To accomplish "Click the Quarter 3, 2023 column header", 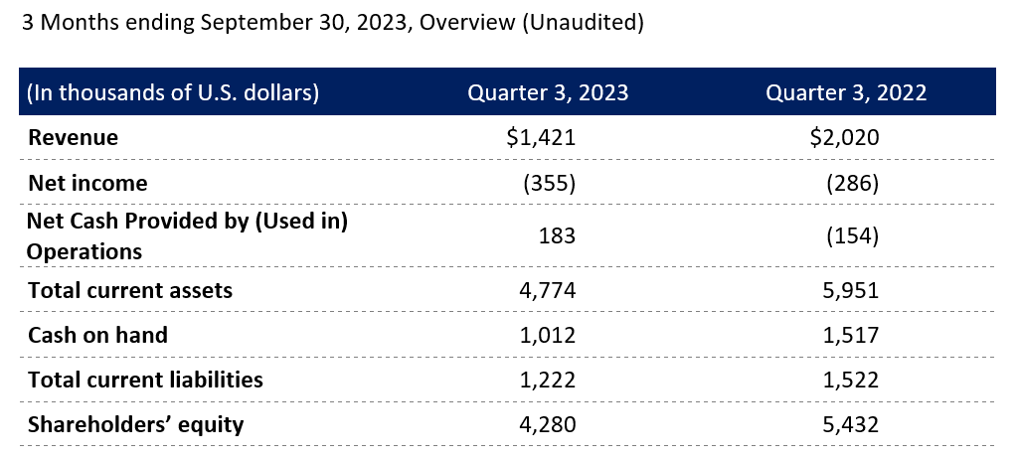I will pos(548,93).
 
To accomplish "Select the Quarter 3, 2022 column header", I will pos(846,93).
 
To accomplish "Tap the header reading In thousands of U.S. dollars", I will pos(173,93).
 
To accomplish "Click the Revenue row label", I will pos(73,138).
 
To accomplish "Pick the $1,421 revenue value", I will pos(541,138).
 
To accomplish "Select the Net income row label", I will pos(87,183).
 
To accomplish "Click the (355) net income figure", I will pos(549,183).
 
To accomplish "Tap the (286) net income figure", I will pos(852,183).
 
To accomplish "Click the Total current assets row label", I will pos(130,290).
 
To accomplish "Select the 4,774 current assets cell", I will pos(549,290).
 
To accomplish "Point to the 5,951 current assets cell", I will pos(852,290).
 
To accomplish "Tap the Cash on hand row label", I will pos(97,335).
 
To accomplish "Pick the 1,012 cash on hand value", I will pos(549,335).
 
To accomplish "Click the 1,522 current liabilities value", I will pos(852,380).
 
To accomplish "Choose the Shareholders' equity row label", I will pos(136,424).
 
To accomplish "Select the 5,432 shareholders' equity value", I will pos(852,424).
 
